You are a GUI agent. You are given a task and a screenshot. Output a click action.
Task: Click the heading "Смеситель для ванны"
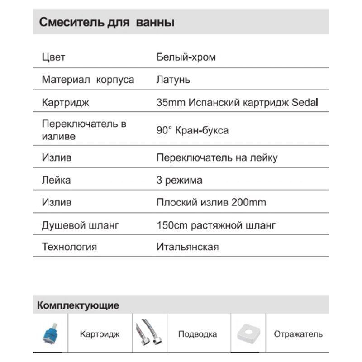point(107,22)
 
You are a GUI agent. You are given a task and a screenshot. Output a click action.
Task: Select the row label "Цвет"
point(53,57)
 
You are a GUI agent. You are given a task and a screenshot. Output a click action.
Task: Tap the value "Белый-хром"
point(186,57)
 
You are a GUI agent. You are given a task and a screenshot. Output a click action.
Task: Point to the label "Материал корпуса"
point(88,80)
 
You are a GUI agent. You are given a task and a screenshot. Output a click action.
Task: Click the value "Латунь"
point(173,80)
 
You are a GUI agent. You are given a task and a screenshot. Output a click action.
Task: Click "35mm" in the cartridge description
point(168,102)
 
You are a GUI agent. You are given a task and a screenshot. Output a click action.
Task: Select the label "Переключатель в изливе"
point(84,129)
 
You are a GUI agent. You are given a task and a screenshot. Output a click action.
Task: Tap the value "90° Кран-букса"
point(192,130)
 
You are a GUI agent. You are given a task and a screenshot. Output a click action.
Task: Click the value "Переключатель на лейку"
point(217,158)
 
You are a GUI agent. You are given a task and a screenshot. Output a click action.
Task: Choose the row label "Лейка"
point(56,180)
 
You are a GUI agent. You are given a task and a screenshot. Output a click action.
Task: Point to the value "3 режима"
point(179,180)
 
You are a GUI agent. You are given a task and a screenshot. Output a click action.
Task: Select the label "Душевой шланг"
point(80,225)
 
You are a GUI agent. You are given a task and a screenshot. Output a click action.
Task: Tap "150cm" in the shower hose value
point(168,225)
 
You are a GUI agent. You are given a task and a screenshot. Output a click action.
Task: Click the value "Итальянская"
point(187,247)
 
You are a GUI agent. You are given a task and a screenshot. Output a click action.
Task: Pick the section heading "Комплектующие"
point(78,305)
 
